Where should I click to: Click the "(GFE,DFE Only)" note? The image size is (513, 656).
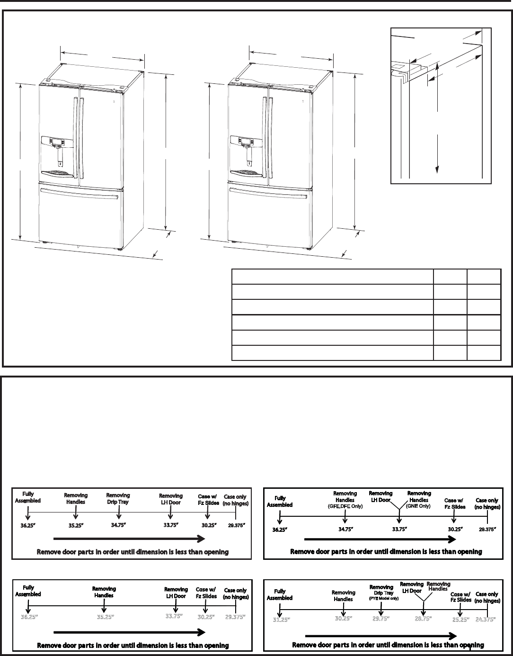tap(345, 506)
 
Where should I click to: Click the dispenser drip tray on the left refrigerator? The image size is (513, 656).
tap(58, 174)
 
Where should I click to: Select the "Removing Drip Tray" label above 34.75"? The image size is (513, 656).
tap(118, 498)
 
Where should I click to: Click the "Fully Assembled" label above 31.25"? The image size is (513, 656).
tap(280, 594)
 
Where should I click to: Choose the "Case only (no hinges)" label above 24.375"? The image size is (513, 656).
tap(487, 597)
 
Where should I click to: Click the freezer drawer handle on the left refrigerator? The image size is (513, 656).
tap(80, 192)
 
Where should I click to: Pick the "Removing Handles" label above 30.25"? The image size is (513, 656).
tap(343, 595)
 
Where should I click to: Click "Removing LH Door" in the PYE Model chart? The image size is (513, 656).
tap(412, 587)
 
